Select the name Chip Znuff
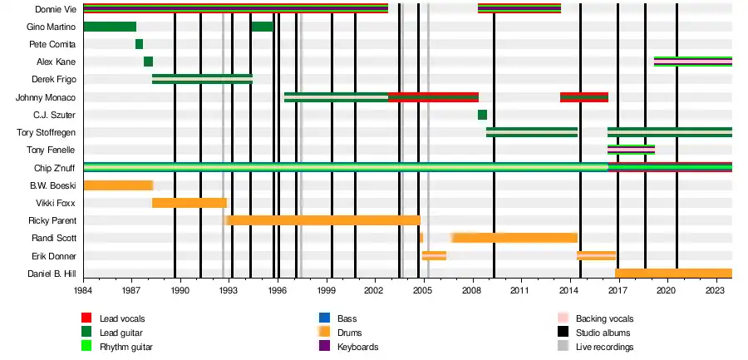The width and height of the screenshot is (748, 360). pyautogui.click(x=57, y=167)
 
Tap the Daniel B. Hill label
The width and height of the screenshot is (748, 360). pyautogui.click(x=52, y=274)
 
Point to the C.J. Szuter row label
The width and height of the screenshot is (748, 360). pyautogui.click(x=55, y=115)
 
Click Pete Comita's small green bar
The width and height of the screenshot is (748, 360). pyautogui.click(x=139, y=44)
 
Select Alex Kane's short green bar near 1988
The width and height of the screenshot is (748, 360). pyautogui.click(x=148, y=62)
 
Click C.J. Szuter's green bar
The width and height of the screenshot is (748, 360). pyautogui.click(x=482, y=115)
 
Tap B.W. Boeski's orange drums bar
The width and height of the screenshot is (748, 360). pyautogui.click(x=118, y=185)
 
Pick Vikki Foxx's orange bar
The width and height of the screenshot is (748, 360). pyautogui.click(x=189, y=203)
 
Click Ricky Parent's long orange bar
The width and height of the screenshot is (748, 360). pyautogui.click(x=322, y=220)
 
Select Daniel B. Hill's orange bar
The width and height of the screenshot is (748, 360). pyautogui.click(x=673, y=274)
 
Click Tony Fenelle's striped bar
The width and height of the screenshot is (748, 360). pyautogui.click(x=631, y=150)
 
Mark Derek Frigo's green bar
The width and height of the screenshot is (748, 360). pyautogui.click(x=202, y=79)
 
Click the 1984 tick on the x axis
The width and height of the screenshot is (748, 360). pyautogui.click(x=83, y=292)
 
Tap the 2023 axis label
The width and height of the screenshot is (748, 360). pyautogui.click(x=716, y=292)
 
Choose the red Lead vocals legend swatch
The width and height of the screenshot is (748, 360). pyautogui.click(x=86, y=318)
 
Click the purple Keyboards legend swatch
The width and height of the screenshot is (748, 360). pyautogui.click(x=325, y=347)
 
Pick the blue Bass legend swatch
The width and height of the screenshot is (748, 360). pyautogui.click(x=325, y=318)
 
